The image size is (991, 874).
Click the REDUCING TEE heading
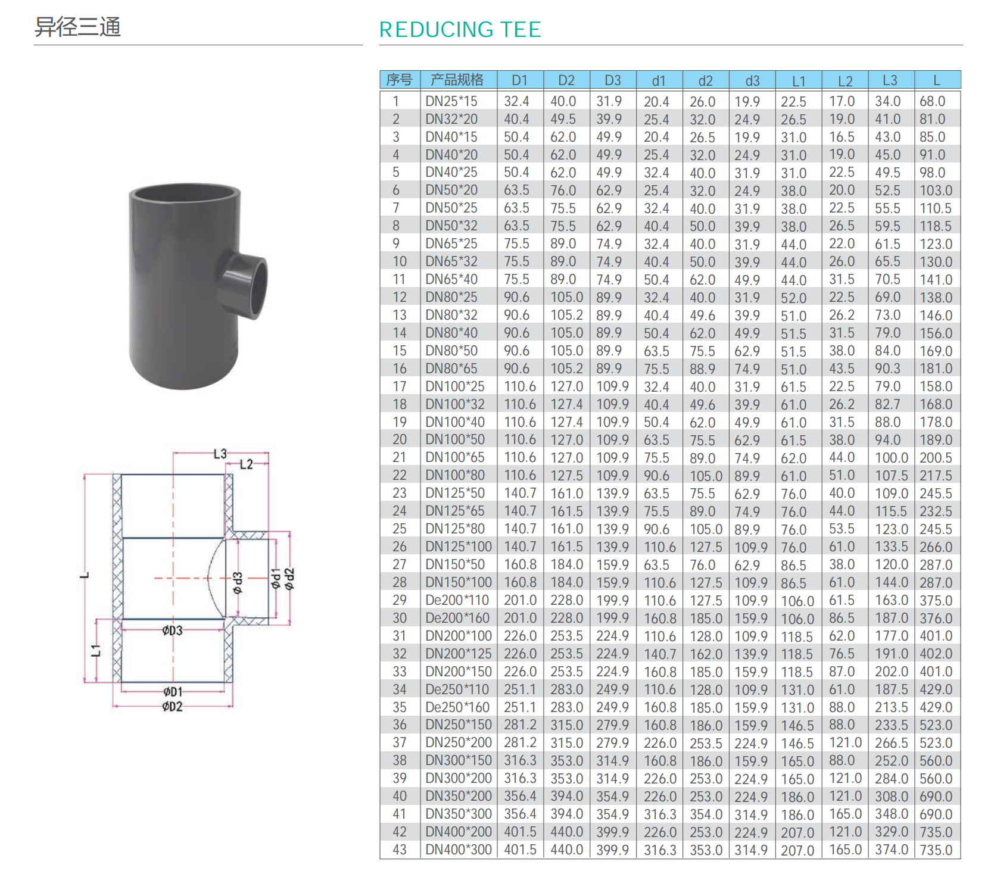460,29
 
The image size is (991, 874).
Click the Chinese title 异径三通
77,27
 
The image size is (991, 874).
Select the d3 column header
752,80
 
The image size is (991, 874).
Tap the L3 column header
890,80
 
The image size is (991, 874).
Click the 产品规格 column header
457,80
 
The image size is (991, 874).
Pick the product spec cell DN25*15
451,101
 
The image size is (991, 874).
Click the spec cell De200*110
457,600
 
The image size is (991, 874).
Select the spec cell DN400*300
459,850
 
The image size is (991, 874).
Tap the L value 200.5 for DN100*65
936,458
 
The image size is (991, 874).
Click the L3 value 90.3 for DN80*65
887,369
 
